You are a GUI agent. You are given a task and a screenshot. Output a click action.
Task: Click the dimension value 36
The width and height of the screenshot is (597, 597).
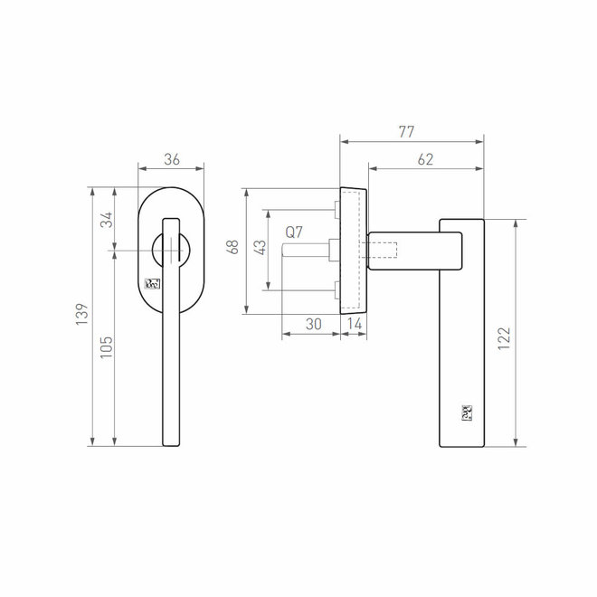click(171, 159)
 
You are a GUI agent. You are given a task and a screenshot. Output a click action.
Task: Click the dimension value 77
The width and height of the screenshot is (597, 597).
click(405, 132)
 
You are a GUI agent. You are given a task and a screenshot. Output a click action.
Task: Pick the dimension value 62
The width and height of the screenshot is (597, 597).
click(425, 159)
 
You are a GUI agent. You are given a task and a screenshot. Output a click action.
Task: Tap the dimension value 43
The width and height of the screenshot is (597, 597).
click(259, 249)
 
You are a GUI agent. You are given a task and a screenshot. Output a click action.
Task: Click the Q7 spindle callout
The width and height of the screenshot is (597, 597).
click(294, 232)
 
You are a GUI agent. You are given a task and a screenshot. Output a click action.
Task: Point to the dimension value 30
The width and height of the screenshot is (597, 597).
click(312, 324)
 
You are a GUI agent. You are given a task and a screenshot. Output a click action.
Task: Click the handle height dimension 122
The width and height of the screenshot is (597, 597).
click(504, 336)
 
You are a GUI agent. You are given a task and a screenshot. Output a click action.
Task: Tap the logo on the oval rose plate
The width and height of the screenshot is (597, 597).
click(153, 283)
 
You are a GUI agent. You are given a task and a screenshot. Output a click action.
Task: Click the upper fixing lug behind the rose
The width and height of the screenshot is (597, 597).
click(335, 211)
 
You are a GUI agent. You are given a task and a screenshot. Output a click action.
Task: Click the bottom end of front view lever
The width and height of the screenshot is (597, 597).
click(170, 441)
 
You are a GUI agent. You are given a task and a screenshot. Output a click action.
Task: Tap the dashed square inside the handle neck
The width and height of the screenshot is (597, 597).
click(384, 249)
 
